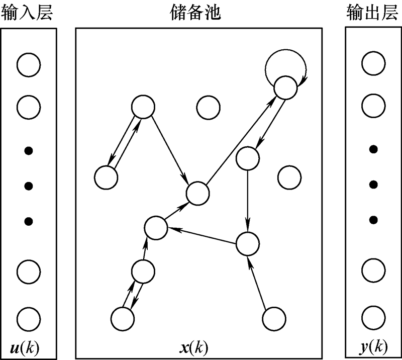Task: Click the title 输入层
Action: [x=28, y=13]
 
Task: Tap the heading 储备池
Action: [x=195, y=13]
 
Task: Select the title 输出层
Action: [x=372, y=13]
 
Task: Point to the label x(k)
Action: [x=195, y=347]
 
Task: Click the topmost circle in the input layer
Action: [x=28, y=65]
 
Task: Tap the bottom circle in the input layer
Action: [x=28, y=319]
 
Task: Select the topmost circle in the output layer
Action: [x=373, y=65]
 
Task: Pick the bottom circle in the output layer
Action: [x=373, y=319]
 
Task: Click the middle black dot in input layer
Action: [x=29, y=186]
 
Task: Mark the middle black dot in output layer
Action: [x=373, y=185]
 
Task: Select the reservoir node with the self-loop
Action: [x=286, y=88]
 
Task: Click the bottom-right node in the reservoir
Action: [x=274, y=319]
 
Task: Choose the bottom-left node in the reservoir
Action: [x=122, y=319]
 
